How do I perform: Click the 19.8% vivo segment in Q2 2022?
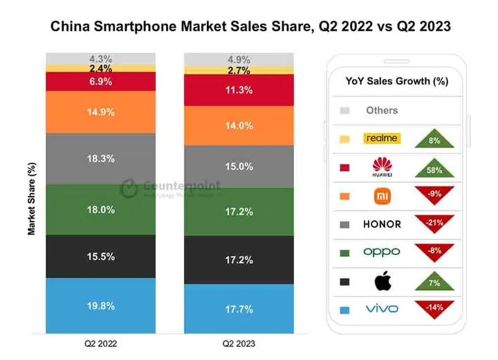pos(100,305)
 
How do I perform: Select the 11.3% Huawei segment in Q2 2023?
pos(239,89)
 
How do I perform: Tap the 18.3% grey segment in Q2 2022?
pos(100,159)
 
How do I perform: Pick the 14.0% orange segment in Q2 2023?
pos(239,125)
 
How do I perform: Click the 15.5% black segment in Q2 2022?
pos(100,256)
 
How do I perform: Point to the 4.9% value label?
pos(239,59)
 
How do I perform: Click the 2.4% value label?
pos(100,69)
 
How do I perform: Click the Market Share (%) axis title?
pos(32,199)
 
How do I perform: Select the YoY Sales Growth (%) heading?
pos(396,81)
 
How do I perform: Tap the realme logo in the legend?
pos(382,138)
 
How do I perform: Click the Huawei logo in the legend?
pos(382,167)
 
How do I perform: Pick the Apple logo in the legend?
pos(382,281)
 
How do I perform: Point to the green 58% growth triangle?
pos(435,168)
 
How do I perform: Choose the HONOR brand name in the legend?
pos(382,224)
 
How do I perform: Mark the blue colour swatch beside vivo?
pos(345,309)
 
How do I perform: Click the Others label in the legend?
pos(382,110)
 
